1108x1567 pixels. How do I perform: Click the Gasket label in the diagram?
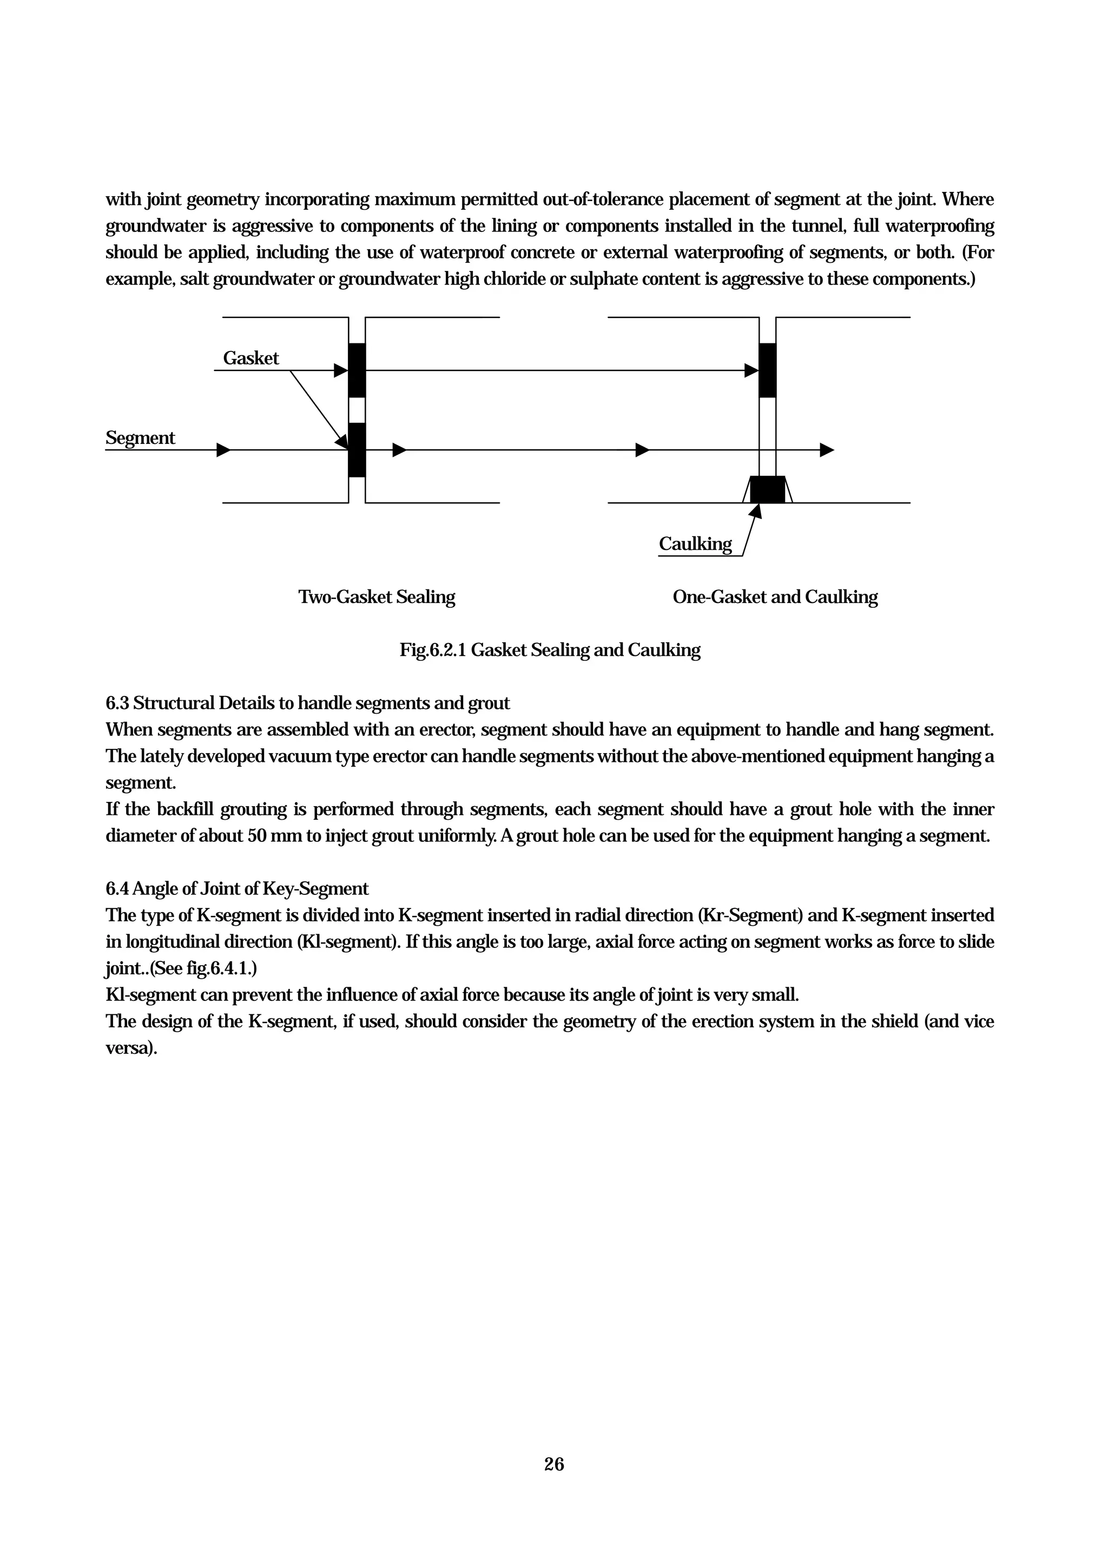click(x=250, y=358)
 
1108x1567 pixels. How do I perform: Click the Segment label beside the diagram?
click(x=140, y=438)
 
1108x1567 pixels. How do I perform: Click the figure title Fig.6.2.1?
click(x=433, y=650)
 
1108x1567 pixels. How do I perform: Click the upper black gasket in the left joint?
click(x=357, y=370)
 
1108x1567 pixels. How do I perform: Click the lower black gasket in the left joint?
click(x=357, y=450)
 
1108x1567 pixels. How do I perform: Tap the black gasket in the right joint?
click(x=767, y=370)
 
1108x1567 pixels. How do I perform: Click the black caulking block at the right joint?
click(x=767, y=489)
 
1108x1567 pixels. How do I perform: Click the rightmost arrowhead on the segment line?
click(x=827, y=450)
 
